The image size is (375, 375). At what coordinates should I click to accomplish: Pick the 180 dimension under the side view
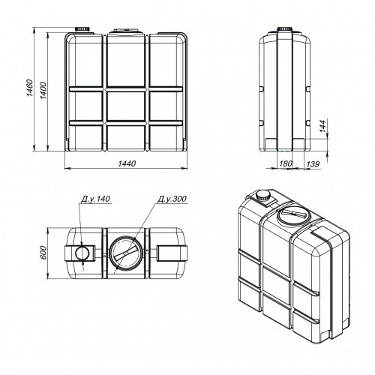tap(284, 163)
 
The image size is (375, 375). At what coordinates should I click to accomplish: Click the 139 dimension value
tap(313, 163)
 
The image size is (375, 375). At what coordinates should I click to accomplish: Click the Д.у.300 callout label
tap(172, 199)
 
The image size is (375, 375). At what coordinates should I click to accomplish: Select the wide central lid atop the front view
tap(126, 32)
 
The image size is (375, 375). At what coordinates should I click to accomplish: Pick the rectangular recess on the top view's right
tap(168, 252)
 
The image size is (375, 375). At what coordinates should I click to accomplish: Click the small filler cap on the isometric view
tap(263, 194)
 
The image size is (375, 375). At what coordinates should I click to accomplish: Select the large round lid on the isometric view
tap(289, 218)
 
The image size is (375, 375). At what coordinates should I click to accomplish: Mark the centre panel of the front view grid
tap(126, 105)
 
